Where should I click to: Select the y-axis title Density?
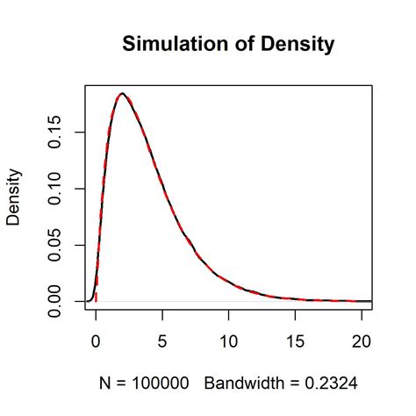click(14, 197)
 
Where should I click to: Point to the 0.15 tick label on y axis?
click(58, 133)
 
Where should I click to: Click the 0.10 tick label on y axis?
click(58, 189)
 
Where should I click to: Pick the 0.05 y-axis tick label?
click(58, 245)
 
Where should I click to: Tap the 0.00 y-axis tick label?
click(58, 301)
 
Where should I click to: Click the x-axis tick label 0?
click(96, 339)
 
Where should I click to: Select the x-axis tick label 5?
click(162, 339)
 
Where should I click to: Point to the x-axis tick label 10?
click(229, 339)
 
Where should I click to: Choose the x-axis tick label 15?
click(296, 339)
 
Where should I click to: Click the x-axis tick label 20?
click(362, 339)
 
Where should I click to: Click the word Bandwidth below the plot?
click(247, 384)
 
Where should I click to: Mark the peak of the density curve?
click(122, 93)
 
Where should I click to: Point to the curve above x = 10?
click(229, 281)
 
